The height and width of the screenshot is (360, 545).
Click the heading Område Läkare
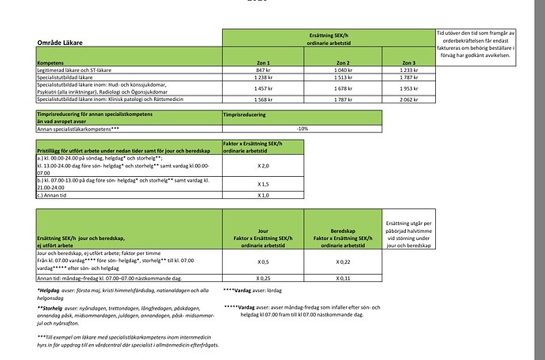tap(61, 41)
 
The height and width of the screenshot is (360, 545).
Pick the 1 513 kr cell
tap(343, 78)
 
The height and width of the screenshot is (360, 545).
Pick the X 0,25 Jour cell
tap(264, 278)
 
